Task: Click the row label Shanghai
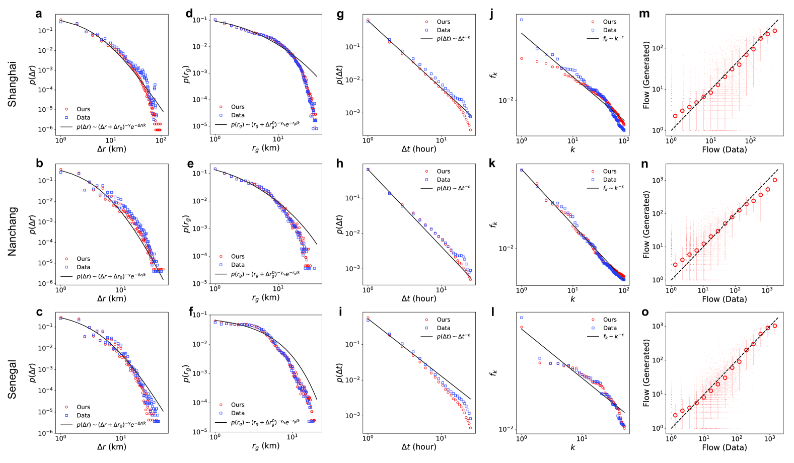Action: coord(12,84)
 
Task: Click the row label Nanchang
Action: coord(12,231)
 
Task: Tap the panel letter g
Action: coord(340,14)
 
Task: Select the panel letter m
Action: coord(644,14)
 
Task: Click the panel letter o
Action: coord(645,312)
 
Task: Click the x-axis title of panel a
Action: coord(111,149)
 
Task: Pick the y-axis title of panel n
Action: coord(646,224)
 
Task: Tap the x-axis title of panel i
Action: coord(418,446)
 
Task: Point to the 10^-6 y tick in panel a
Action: coord(46,129)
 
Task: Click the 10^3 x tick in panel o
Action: coord(770,439)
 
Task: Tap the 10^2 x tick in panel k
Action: coord(624,290)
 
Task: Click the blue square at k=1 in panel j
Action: coord(522,20)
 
